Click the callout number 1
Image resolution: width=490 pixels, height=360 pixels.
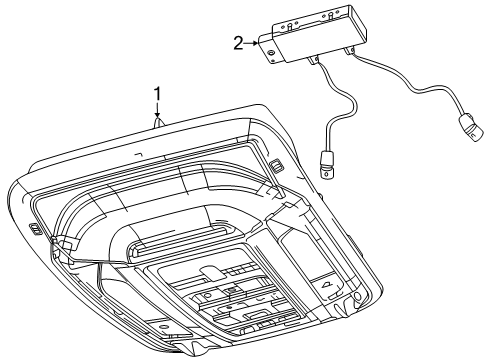tap(156, 94)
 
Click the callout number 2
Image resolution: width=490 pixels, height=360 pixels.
tap(237, 42)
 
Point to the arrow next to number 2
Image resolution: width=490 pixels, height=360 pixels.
tap(252, 43)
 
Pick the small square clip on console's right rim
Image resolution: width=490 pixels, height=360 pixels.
tap(273, 167)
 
